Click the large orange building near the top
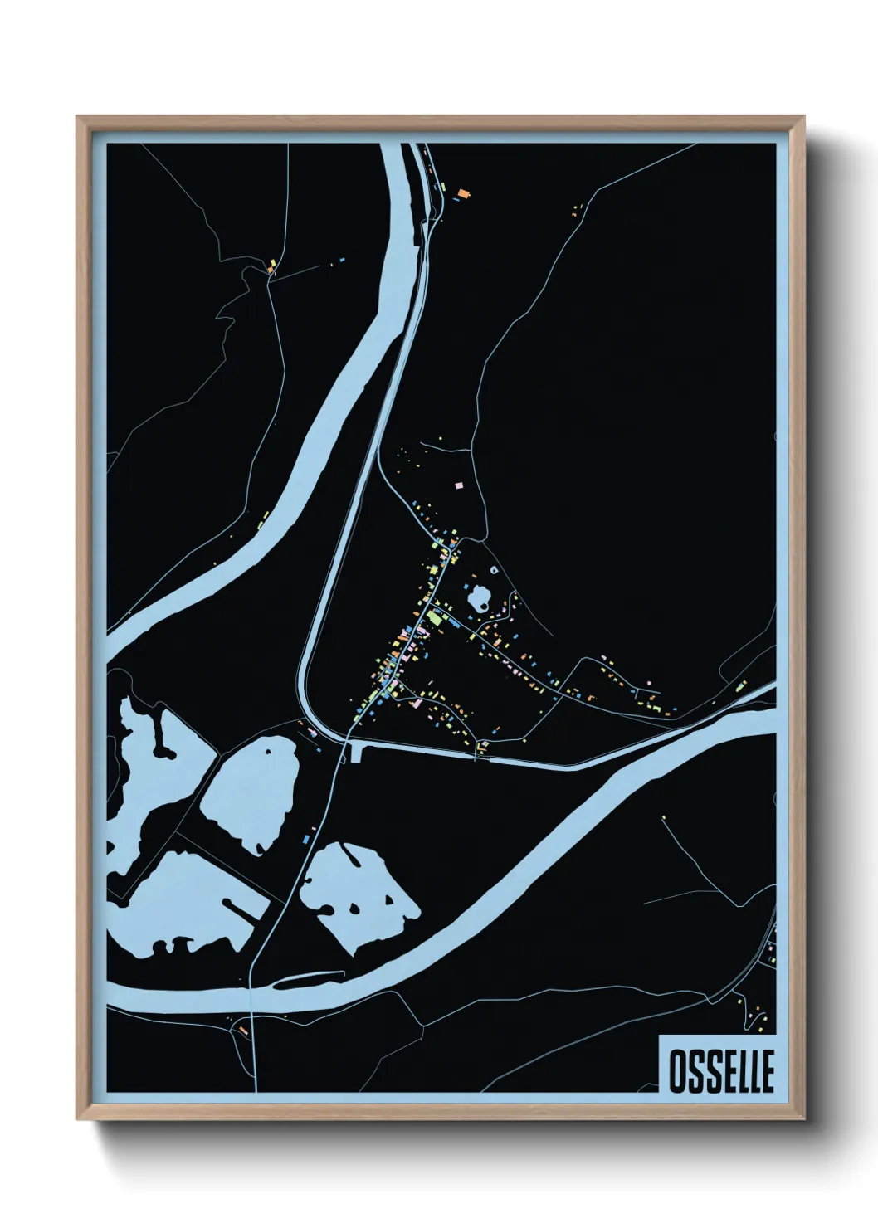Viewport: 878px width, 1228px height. point(463,194)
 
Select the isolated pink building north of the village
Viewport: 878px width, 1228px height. point(458,483)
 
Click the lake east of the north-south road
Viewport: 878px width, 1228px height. point(357,888)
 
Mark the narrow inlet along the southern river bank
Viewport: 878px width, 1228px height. point(307,977)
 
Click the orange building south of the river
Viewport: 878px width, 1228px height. point(243,1030)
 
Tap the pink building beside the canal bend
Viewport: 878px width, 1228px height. point(313,732)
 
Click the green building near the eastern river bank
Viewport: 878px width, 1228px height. point(741,686)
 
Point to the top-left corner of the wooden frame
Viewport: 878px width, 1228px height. point(78,118)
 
